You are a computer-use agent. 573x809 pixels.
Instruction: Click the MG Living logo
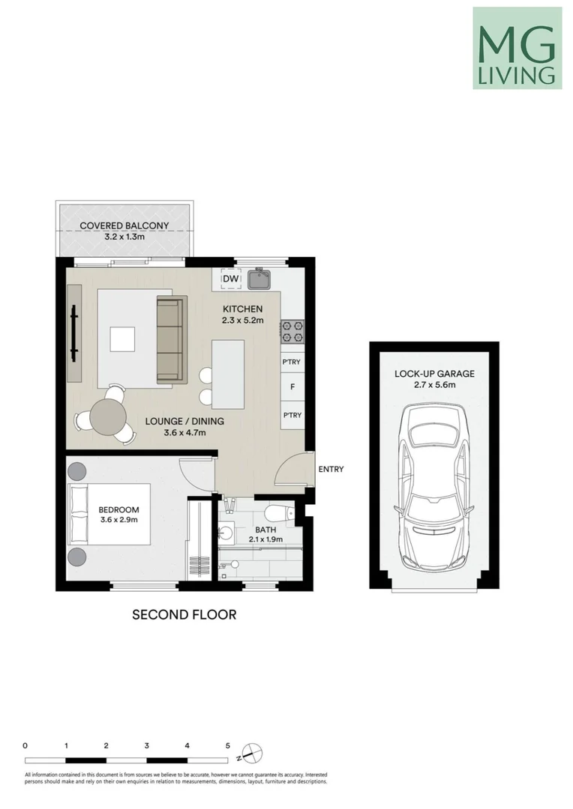tap(517, 48)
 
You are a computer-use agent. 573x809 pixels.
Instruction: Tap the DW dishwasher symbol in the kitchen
tap(231, 279)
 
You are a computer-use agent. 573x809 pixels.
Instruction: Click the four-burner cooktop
tap(292, 330)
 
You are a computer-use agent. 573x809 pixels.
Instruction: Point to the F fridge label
tap(292, 388)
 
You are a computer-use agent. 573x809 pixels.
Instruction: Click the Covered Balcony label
tap(124, 225)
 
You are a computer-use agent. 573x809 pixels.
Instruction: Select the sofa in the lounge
tap(170, 338)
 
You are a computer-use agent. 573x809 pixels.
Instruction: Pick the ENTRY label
tap(331, 470)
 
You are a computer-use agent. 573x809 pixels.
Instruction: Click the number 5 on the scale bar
tap(227, 746)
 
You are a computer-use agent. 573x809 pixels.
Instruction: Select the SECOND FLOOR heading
tap(184, 615)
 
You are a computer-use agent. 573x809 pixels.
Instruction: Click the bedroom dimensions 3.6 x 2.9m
tap(119, 520)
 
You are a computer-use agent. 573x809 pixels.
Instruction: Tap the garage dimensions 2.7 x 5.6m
tap(435, 384)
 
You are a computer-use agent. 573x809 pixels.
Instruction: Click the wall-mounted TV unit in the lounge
tap(74, 336)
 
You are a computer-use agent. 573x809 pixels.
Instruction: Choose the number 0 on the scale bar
tap(25, 746)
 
